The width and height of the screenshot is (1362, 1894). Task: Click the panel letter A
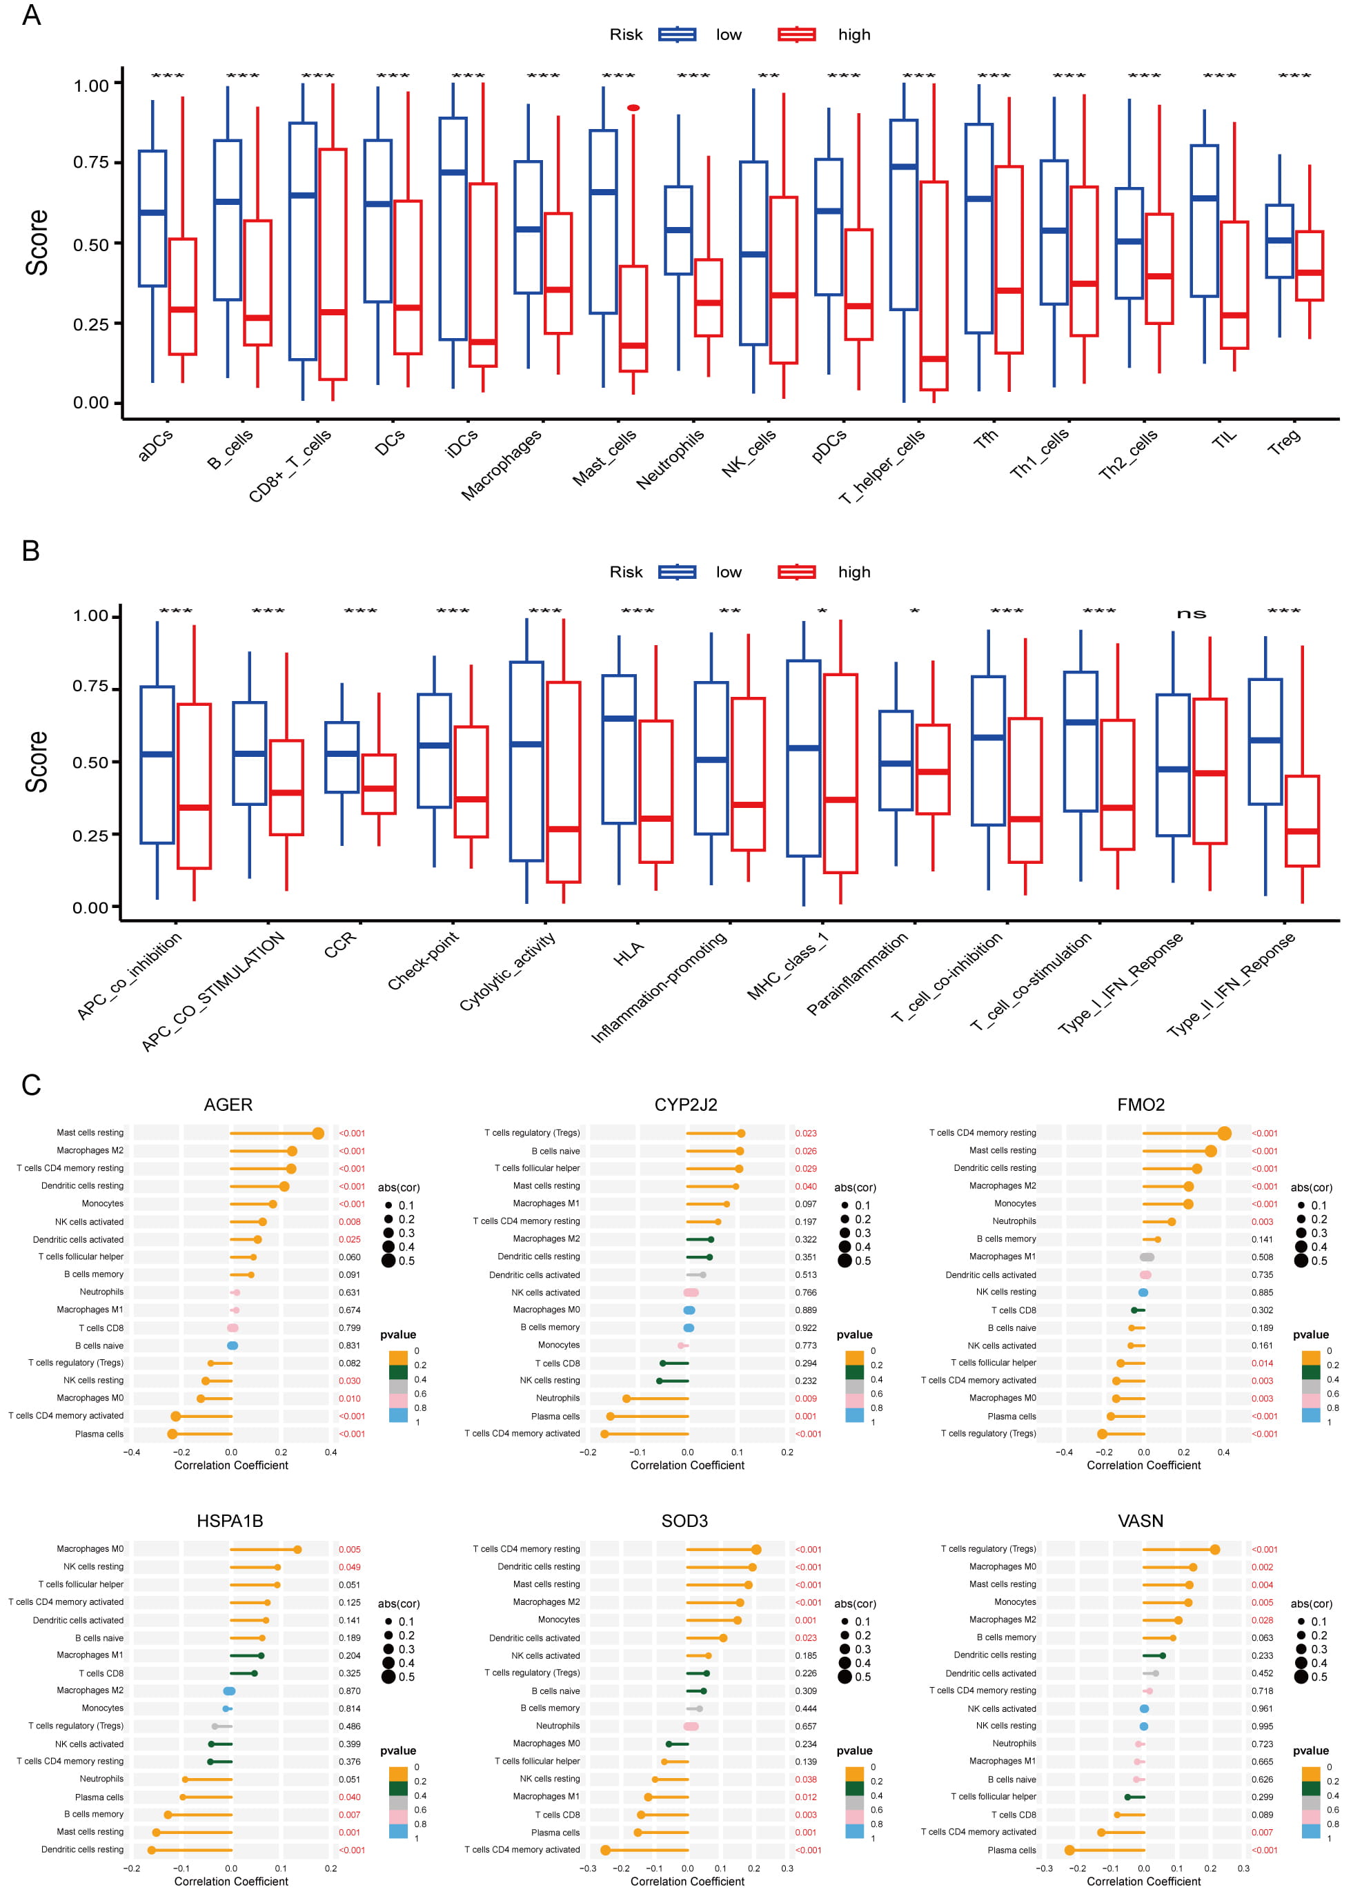tap(31, 15)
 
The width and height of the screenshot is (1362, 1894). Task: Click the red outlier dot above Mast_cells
tap(633, 108)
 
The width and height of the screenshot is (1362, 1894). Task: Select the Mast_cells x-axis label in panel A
tap(604, 457)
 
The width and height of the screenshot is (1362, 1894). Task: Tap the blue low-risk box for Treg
tap(1279, 241)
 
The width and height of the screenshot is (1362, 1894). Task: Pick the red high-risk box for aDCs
tap(182, 297)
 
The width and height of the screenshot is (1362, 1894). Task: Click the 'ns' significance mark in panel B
tap(1191, 614)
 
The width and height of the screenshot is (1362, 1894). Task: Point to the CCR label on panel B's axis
tap(340, 944)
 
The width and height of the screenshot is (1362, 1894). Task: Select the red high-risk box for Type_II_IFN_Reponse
tap(1302, 821)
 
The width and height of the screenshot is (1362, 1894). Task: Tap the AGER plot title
tap(228, 1105)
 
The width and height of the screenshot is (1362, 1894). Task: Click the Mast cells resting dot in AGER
tap(318, 1133)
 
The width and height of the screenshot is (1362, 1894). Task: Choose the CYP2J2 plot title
tap(686, 1105)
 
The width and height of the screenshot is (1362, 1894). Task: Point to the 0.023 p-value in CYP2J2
tap(805, 1133)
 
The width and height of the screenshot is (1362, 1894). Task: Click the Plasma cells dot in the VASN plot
tap(1069, 1850)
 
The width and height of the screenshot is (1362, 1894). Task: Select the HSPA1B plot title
tap(230, 1521)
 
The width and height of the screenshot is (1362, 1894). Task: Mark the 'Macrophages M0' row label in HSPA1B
tap(90, 1549)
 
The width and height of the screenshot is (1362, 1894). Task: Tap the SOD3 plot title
tap(684, 1521)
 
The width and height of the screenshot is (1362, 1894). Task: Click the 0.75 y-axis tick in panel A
tap(91, 162)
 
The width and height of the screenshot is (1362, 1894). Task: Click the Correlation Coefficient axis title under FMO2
tap(1143, 1465)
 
